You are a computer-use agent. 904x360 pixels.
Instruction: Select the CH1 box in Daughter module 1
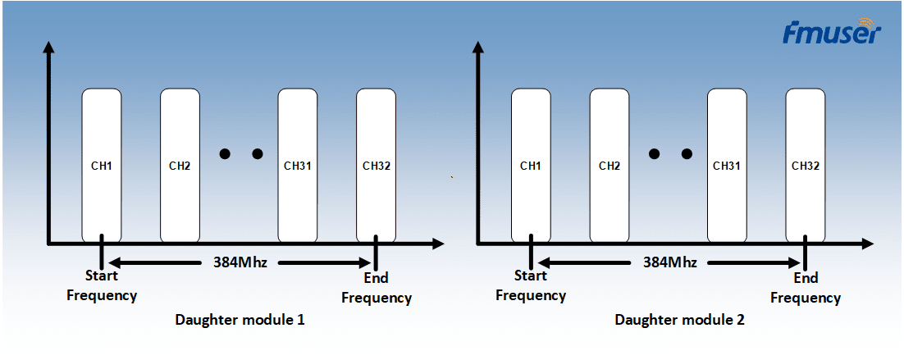tap(102, 166)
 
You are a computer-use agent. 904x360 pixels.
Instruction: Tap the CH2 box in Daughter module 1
tap(180, 166)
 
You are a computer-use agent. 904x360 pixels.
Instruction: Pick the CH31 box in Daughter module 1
tap(298, 166)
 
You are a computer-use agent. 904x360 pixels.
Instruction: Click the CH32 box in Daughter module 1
tap(376, 166)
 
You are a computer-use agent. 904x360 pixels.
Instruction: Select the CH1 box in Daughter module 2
tap(531, 166)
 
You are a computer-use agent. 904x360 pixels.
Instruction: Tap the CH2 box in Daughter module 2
tap(610, 166)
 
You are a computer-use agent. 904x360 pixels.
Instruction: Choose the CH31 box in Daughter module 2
tap(727, 166)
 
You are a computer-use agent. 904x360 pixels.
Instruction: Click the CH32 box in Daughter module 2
tap(806, 166)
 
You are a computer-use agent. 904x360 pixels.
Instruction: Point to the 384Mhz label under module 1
tap(240, 262)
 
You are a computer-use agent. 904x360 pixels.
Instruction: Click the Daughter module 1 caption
tap(240, 321)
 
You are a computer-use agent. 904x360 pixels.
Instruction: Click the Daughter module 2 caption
tap(680, 320)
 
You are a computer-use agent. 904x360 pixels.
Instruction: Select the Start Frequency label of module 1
tap(102, 285)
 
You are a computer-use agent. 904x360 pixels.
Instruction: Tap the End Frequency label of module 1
tap(377, 288)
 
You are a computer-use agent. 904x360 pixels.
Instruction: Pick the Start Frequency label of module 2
tap(531, 285)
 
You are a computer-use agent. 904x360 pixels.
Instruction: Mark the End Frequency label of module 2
tap(806, 288)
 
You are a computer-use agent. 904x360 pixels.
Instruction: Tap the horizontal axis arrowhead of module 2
tap(866, 243)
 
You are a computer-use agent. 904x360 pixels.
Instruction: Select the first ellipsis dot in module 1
tap(226, 154)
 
